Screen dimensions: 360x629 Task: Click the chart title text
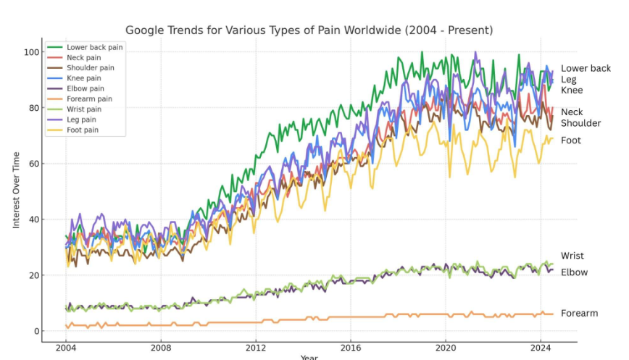309,30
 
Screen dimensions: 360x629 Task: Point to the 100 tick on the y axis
30,52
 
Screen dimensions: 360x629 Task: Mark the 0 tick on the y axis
35,331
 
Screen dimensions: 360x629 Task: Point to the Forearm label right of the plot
579,313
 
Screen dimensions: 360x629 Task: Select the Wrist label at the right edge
572,256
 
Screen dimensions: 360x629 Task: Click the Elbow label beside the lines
573,272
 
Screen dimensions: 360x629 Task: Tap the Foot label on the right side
570,141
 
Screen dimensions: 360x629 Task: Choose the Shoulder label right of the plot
580,123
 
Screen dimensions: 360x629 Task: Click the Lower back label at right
586,68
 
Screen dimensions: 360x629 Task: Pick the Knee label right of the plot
571,91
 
